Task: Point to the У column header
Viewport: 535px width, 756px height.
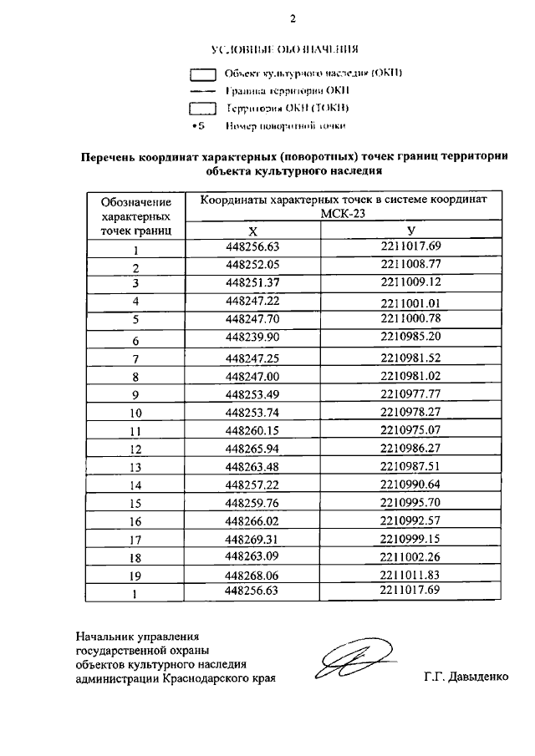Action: coord(410,230)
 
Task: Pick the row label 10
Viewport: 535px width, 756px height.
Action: coord(135,414)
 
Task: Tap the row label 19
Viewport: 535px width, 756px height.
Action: coord(135,576)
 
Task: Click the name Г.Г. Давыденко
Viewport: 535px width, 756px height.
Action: coord(466,677)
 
